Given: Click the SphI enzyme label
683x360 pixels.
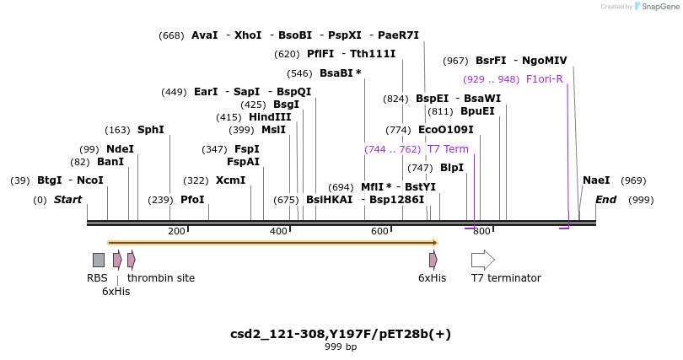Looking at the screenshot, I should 151,130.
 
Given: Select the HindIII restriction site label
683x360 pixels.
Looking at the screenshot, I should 270,117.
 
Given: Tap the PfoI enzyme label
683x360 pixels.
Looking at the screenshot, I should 192,200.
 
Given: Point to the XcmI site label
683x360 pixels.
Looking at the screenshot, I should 230,180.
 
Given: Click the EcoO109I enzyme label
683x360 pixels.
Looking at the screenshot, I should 446,130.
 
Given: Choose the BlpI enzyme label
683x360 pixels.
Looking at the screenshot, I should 452,168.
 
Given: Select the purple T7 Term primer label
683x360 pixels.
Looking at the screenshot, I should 448,149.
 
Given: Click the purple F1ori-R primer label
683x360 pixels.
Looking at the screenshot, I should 545,79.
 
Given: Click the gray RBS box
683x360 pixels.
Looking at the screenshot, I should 99,260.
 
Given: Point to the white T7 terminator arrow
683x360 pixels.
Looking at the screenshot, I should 483,260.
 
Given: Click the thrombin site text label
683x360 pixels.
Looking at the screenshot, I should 161,278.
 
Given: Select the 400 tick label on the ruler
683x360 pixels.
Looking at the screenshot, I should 278,231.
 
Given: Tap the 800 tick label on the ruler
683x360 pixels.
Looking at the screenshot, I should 481,231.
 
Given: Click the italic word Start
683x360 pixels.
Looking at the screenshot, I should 68,200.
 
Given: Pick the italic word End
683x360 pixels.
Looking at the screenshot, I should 606,200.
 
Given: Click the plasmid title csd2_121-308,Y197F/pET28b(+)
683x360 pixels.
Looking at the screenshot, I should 341,334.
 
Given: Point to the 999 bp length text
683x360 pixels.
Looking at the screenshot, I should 341,347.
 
